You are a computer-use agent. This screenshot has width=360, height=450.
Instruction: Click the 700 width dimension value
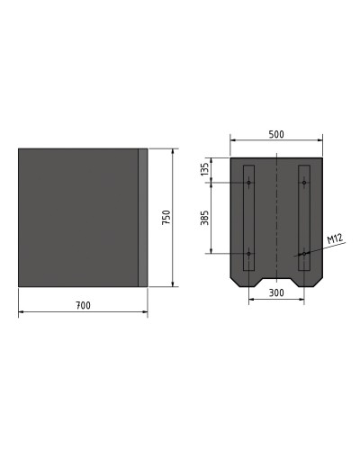pos(83,305)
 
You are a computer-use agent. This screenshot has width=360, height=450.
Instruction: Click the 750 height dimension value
pos(166,217)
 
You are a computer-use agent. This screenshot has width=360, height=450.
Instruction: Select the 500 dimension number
pos(276,134)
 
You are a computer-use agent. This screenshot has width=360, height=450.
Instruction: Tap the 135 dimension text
pos(204,169)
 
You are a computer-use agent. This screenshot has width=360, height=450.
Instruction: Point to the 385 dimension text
pos(204,218)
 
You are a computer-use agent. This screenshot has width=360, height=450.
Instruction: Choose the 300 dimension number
pos(276,292)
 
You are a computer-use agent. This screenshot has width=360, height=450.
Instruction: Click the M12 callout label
pos(335,238)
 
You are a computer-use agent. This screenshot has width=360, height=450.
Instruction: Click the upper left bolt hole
pos(248,183)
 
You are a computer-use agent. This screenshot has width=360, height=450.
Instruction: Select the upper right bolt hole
pos(304,183)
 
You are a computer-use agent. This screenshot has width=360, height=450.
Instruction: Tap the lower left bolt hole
pos(248,254)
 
